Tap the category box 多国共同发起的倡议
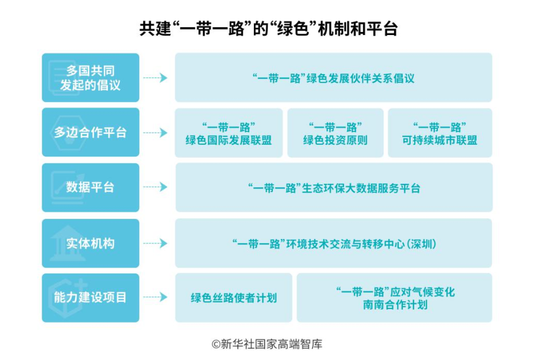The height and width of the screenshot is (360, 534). pyautogui.click(x=90, y=78)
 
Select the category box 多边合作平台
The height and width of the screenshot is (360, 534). pyautogui.click(x=90, y=132)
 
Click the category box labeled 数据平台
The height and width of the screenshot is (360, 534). pyautogui.click(x=90, y=187)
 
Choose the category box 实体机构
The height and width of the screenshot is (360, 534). pyautogui.click(x=90, y=243)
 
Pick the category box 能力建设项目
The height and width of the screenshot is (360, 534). pyautogui.click(x=90, y=298)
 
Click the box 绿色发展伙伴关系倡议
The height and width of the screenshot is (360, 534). pyautogui.click(x=333, y=78)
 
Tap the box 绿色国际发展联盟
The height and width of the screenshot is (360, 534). pyautogui.click(x=228, y=133)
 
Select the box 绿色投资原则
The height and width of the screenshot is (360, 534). pyautogui.click(x=335, y=133)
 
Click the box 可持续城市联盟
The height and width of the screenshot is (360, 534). pyautogui.click(x=440, y=133)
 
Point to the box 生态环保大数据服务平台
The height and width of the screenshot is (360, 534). pyautogui.click(x=333, y=188)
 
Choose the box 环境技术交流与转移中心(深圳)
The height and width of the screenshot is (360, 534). pyautogui.click(x=333, y=243)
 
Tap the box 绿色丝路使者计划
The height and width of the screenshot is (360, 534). pyautogui.click(x=234, y=298)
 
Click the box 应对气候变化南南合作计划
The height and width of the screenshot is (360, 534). pyautogui.click(x=395, y=298)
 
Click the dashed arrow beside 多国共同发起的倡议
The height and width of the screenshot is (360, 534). pyautogui.click(x=155, y=78)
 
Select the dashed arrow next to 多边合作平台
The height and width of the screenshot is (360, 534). pyautogui.click(x=155, y=133)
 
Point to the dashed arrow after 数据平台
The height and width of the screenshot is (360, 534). pyautogui.click(x=155, y=187)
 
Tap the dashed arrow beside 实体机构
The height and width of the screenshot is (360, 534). pyautogui.click(x=155, y=243)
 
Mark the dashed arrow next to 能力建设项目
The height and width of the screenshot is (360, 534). pyautogui.click(x=155, y=298)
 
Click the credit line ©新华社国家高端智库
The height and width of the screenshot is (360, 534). pyautogui.click(x=267, y=344)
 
